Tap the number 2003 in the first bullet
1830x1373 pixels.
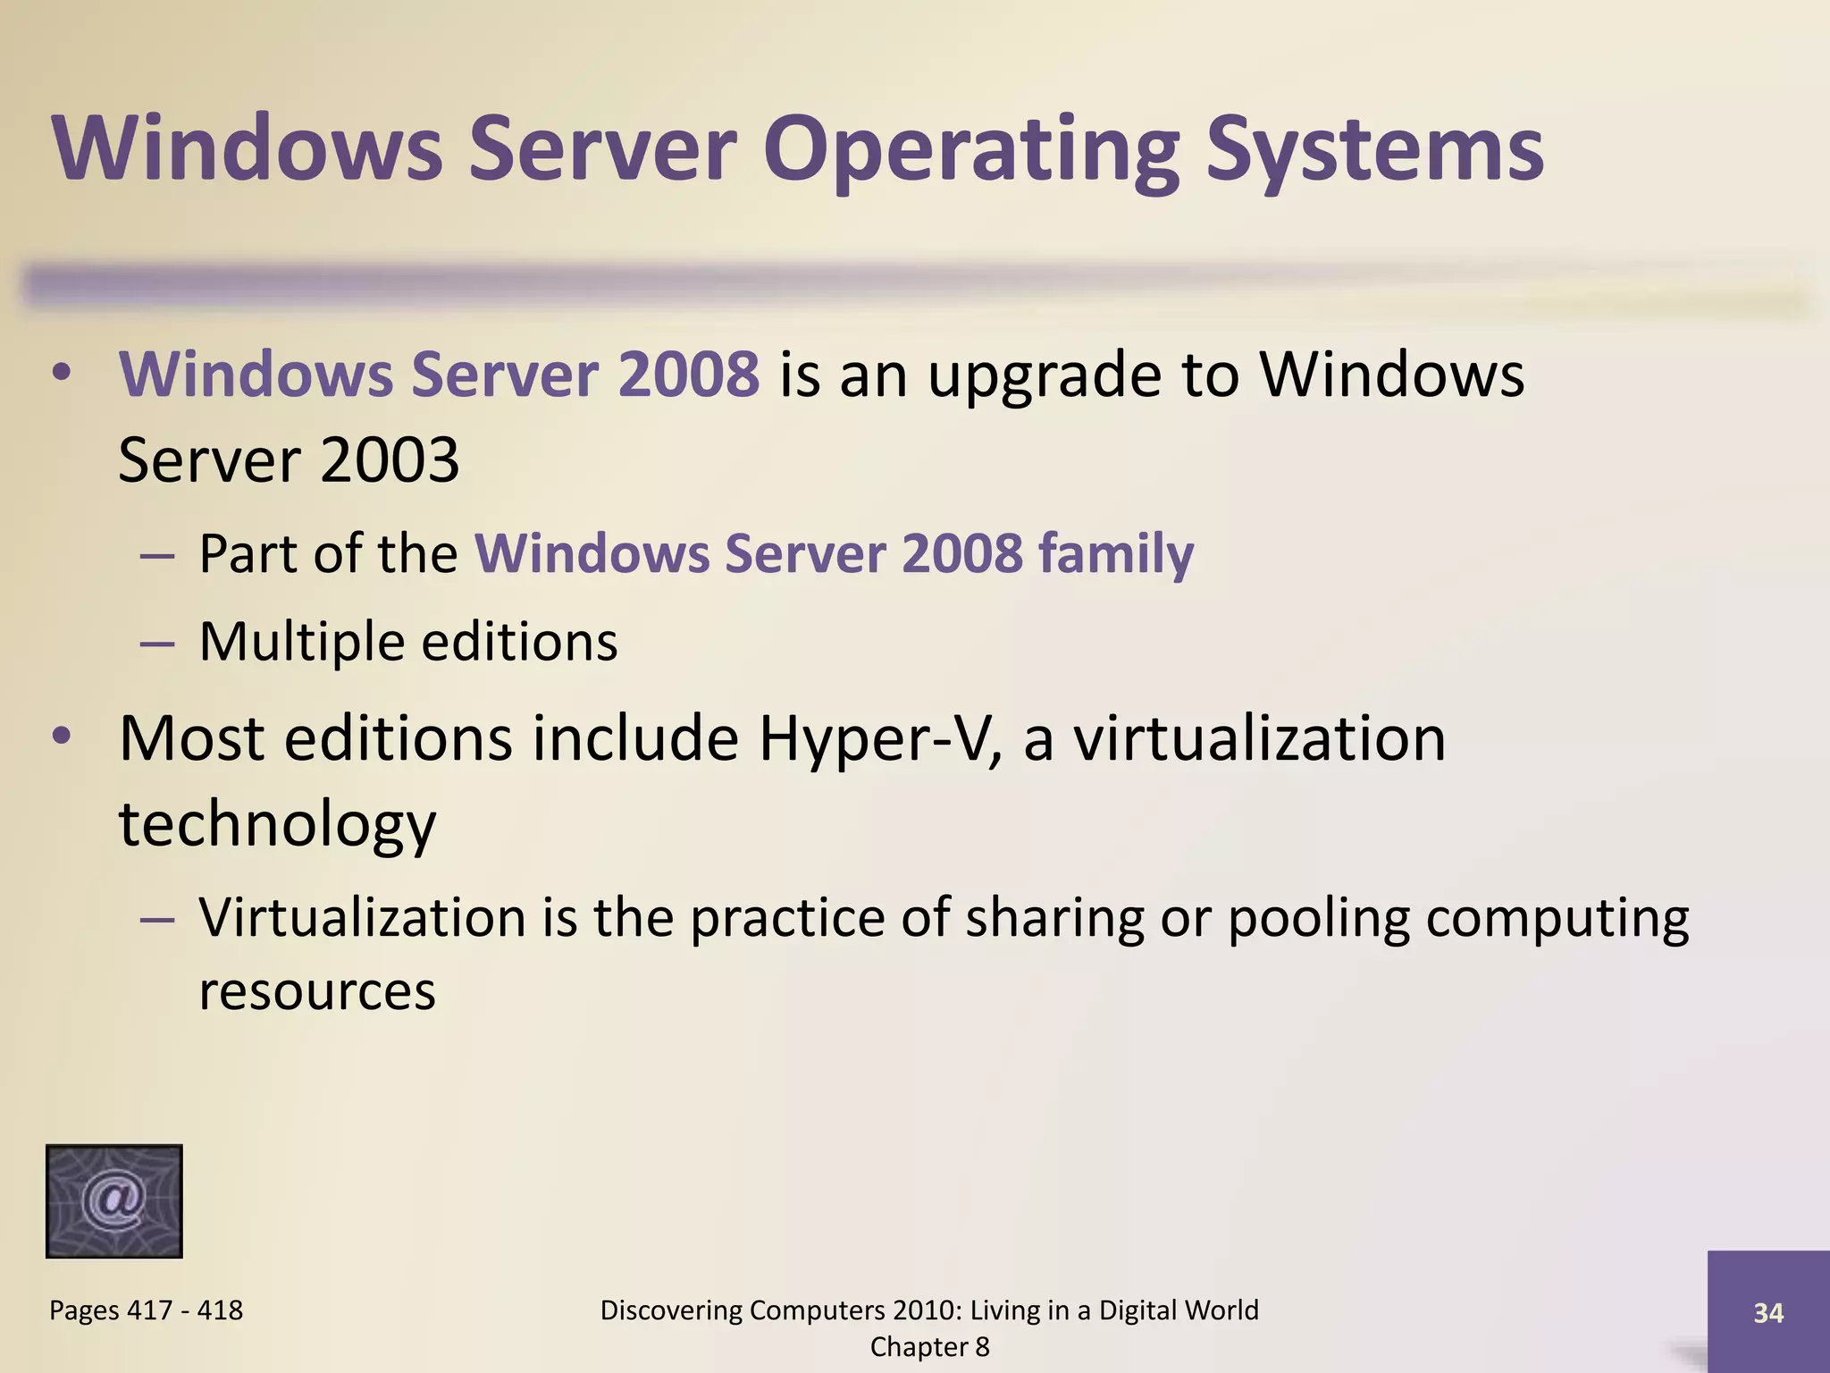(x=389, y=460)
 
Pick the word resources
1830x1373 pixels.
(x=317, y=990)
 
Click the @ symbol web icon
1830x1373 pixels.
(x=114, y=1200)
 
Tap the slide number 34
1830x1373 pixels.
(x=1768, y=1312)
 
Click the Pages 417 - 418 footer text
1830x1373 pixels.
(x=146, y=1310)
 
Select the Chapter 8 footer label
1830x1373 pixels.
(x=929, y=1347)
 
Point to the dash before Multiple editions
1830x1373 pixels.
(x=157, y=643)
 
